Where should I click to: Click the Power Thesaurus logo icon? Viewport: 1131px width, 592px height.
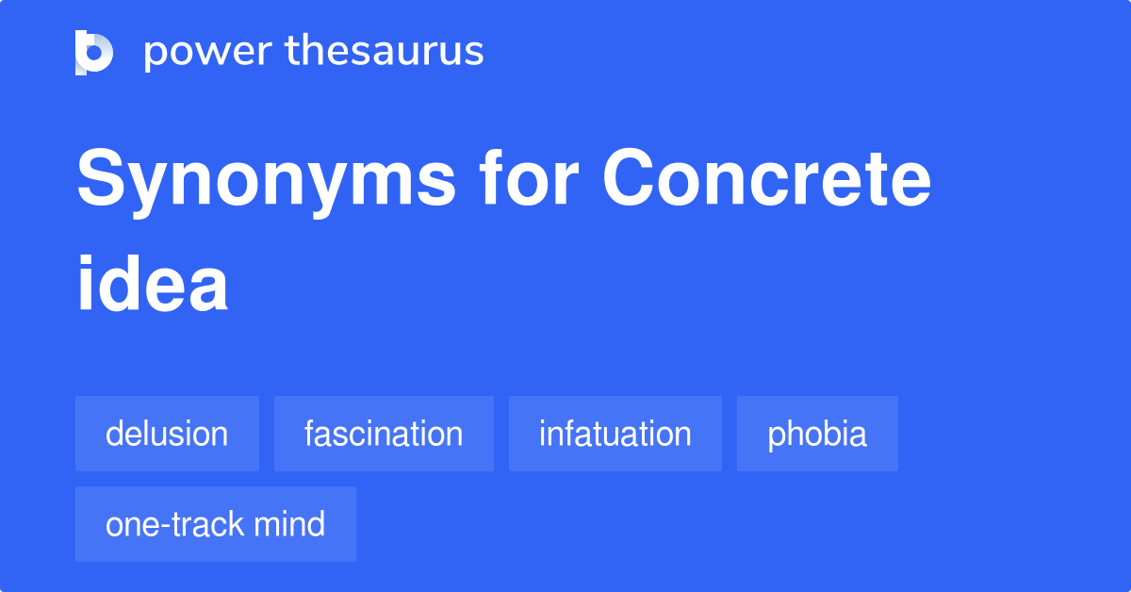(94, 52)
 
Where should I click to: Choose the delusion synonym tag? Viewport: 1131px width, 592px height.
(167, 434)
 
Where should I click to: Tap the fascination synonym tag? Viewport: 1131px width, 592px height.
(384, 434)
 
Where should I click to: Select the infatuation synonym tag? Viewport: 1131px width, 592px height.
(615, 434)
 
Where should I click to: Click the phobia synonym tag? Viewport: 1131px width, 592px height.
(817, 434)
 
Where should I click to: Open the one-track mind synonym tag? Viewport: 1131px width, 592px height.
(215, 524)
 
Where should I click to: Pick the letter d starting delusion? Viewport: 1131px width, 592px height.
(115, 434)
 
